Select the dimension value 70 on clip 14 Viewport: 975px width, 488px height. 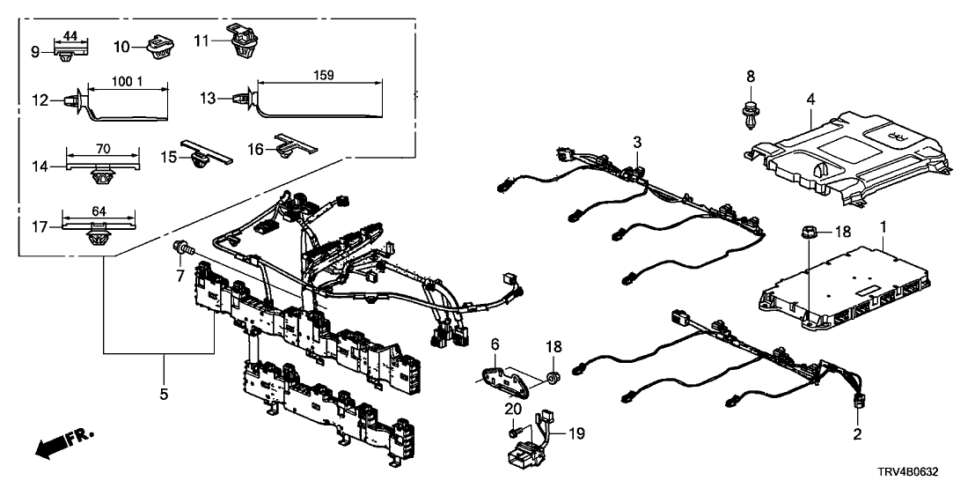104,149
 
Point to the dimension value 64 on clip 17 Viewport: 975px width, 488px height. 98,211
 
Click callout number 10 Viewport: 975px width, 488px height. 121,45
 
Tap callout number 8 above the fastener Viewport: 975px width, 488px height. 751,77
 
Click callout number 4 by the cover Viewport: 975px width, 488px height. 810,100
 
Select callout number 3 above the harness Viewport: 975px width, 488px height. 637,142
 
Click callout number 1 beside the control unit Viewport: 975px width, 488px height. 883,228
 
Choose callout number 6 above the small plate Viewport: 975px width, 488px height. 495,343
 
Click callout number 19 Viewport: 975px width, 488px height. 575,433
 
